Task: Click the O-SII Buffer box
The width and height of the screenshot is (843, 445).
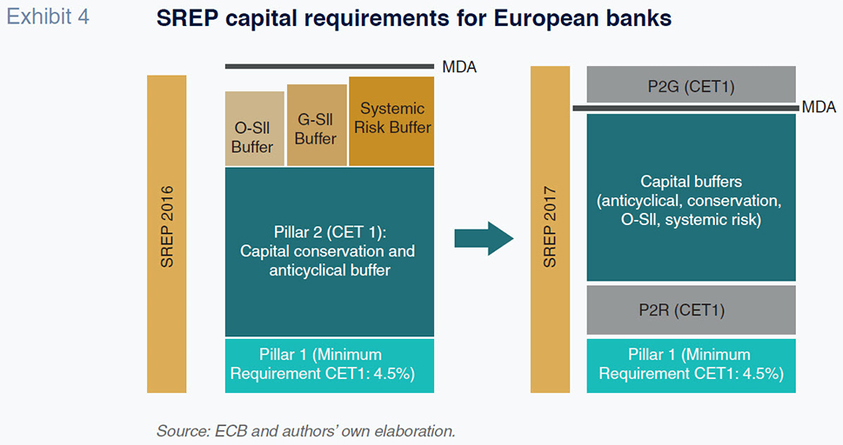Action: pos(254,129)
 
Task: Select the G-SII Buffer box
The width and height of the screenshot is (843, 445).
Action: pos(317,124)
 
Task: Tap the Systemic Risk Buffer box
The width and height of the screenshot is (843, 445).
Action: pos(391,121)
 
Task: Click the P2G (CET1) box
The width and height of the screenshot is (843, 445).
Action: pos(691,84)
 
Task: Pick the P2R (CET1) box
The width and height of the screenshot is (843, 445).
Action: pos(691,310)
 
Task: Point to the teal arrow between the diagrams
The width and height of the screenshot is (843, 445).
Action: pos(484,238)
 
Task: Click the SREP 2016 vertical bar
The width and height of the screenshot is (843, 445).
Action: pos(167,234)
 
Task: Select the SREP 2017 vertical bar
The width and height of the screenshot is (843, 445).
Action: pos(550,229)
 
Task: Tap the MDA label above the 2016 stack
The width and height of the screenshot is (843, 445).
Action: pos(459,67)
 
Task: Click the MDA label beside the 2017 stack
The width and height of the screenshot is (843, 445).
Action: pos(819,108)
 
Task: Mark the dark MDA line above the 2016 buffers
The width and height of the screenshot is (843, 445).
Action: pos(330,67)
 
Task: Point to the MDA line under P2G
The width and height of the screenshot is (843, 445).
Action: pos(686,108)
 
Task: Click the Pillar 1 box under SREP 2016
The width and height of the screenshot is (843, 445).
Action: pos(330,365)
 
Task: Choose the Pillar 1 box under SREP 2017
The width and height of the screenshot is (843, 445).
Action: pos(691,365)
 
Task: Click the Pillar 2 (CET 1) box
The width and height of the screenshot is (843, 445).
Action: pos(330,252)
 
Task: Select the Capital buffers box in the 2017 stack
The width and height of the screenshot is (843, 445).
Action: pos(691,197)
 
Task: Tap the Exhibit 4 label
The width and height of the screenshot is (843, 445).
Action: pos(48,17)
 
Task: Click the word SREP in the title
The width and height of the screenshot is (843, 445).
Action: pos(188,19)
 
